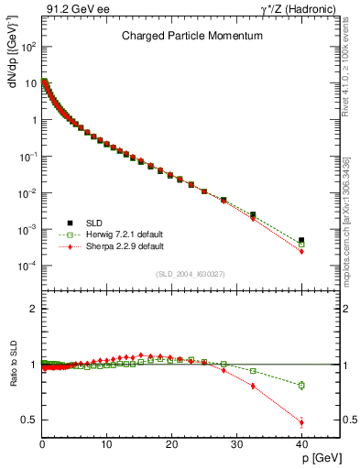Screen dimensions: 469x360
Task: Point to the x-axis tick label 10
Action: coord(107,444)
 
